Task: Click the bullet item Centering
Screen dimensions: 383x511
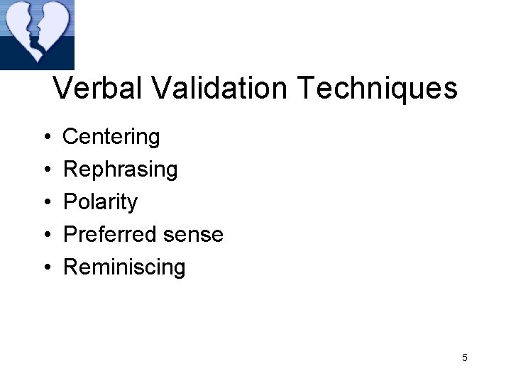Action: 111,137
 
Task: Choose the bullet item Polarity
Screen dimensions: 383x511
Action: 100,203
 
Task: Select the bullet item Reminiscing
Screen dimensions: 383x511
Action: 124,268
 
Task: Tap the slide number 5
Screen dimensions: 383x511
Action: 464,357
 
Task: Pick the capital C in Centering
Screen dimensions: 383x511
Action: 72,136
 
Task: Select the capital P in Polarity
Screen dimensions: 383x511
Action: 70,201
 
